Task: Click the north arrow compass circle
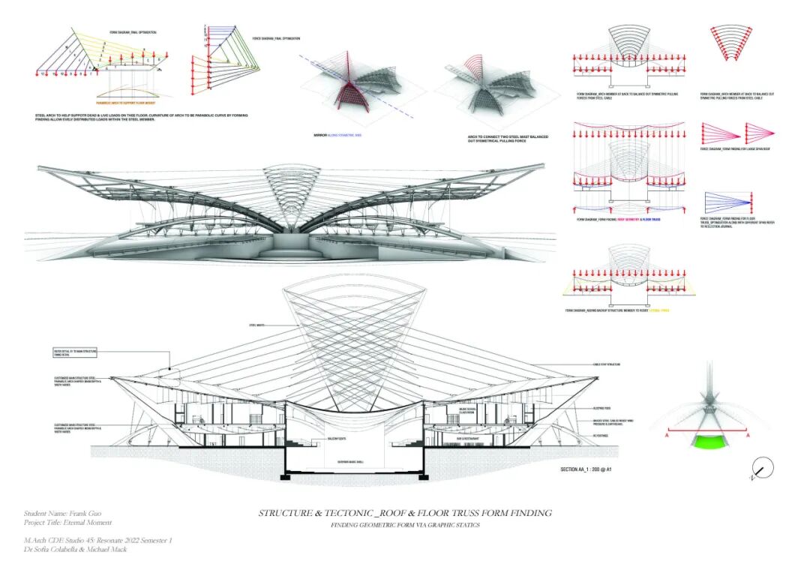(x=762, y=469)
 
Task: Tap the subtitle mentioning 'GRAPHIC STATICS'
(x=405, y=525)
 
